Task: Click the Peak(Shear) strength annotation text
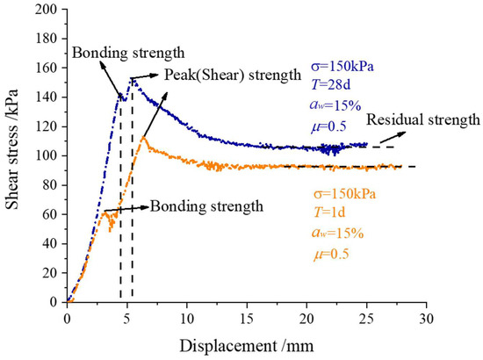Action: (232, 76)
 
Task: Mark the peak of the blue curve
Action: (132, 79)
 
